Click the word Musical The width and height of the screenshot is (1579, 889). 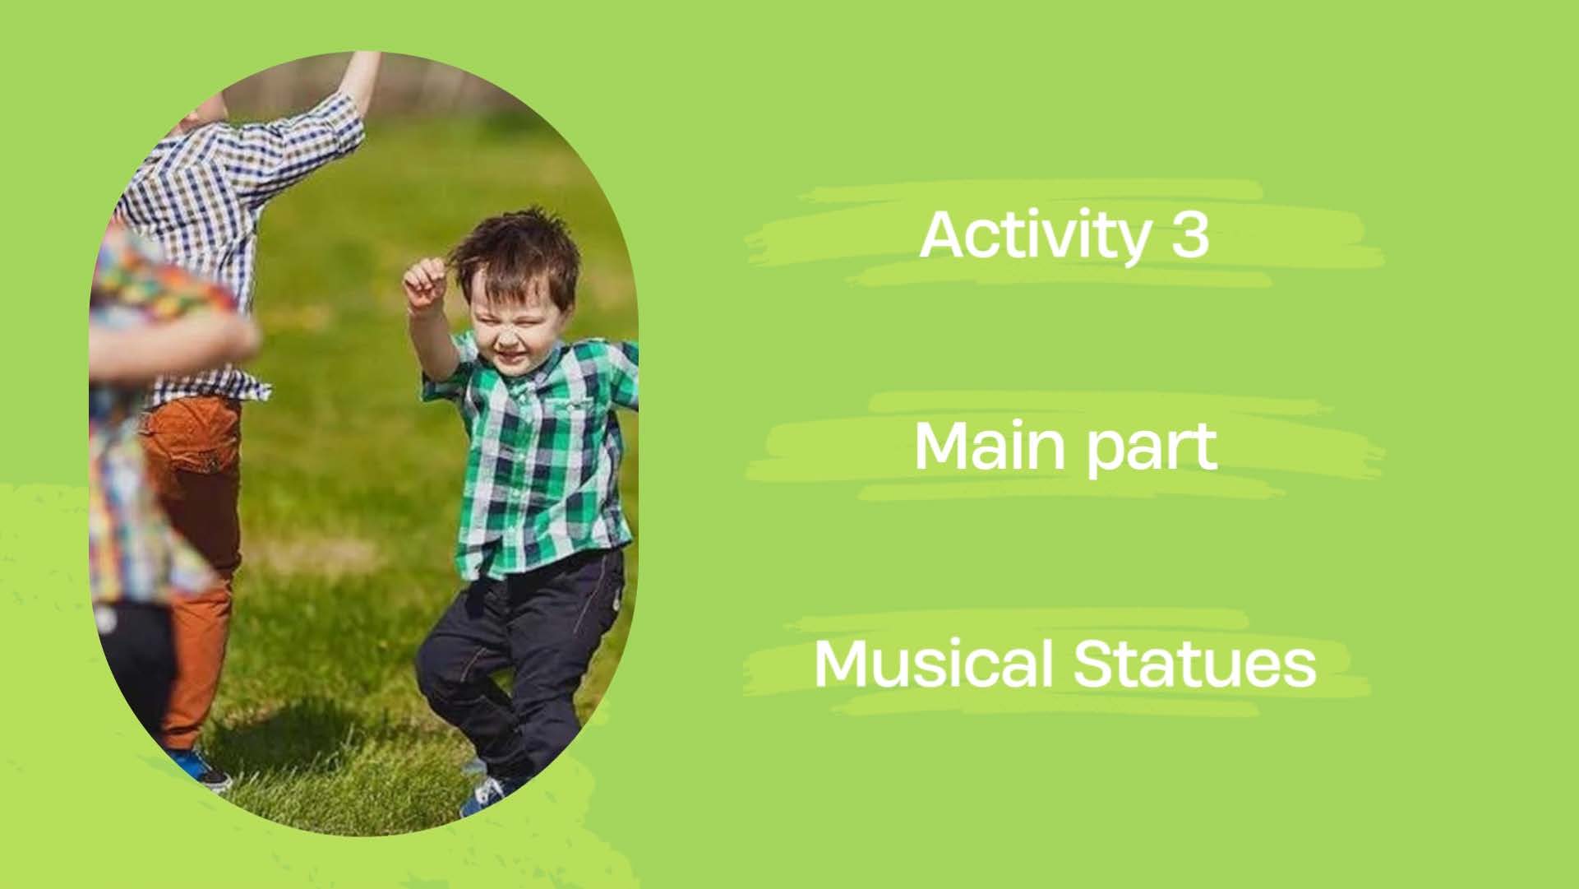(x=932, y=664)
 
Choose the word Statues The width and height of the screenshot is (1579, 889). (x=1195, y=664)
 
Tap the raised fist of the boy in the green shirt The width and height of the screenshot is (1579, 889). (x=423, y=285)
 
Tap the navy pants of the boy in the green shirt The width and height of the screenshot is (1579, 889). (x=518, y=658)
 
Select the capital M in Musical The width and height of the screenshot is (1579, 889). (x=840, y=664)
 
